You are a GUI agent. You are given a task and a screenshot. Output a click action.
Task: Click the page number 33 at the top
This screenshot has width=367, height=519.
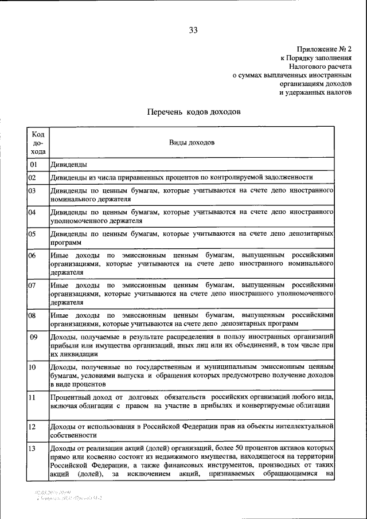(x=193, y=30)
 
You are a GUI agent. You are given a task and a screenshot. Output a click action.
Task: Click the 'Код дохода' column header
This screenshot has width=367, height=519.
(x=38, y=142)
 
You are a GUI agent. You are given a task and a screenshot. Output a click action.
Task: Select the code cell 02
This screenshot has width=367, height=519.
(x=33, y=178)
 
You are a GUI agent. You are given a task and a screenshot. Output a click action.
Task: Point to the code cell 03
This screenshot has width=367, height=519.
(x=33, y=190)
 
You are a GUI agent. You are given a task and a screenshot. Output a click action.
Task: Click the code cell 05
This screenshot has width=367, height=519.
(x=33, y=234)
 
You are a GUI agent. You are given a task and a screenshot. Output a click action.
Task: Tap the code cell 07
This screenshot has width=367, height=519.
(x=33, y=284)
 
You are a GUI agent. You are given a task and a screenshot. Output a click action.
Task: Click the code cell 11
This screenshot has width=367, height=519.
(x=33, y=396)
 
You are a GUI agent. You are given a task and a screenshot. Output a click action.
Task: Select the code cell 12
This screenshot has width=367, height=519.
(x=33, y=427)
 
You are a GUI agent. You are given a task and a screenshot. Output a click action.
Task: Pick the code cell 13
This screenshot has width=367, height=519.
(x=33, y=447)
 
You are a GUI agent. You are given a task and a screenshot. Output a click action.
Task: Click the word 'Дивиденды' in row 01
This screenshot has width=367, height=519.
(x=69, y=165)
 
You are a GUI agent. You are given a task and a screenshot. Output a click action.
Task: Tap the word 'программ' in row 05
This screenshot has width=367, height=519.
(x=66, y=243)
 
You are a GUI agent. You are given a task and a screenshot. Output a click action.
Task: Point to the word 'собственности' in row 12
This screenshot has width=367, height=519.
(x=73, y=435)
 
